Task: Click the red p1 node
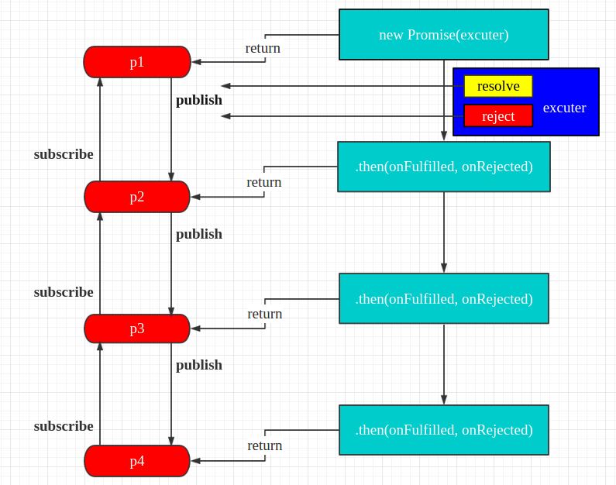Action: [x=137, y=62]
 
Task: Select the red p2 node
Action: [x=137, y=197]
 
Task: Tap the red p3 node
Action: [x=137, y=328]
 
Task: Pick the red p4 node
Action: [x=137, y=461]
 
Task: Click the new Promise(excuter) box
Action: [x=444, y=35]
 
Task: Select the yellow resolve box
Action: [x=498, y=86]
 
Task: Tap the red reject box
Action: [x=498, y=116]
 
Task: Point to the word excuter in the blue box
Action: [x=565, y=108]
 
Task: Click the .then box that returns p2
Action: [x=444, y=167]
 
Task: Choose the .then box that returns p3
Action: [x=444, y=298]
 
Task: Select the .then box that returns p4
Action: [x=444, y=430]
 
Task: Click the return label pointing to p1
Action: [x=263, y=48]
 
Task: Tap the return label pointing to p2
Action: [x=264, y=182]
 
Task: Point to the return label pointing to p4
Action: [x=265, y=445]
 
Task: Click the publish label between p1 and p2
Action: [x=199, y=101]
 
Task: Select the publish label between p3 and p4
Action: [x=199, y=365]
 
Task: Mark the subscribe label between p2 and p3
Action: [x=64, y=292]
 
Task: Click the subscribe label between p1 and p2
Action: [x=64, y=154]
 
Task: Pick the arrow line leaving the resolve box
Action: [x=342, y=86]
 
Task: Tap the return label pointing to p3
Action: [x=265, y=315]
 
